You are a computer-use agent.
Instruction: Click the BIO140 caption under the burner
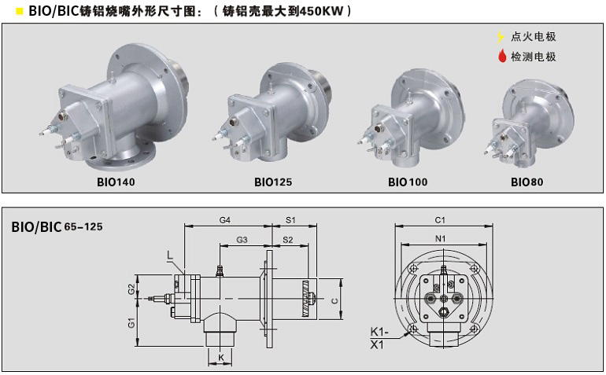point(116,182)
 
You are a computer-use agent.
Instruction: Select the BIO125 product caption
point(273,182)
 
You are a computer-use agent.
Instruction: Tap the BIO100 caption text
point(408,182)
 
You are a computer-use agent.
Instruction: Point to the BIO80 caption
point(527,182)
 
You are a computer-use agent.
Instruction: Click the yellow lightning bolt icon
point(501,37)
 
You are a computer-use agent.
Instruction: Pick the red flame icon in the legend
point(502,57)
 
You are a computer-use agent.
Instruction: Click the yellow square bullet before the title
point(20,11)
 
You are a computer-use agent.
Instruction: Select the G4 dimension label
point(224,220)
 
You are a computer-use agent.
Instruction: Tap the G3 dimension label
point(242,240)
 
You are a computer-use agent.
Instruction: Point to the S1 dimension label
point(290,220)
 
